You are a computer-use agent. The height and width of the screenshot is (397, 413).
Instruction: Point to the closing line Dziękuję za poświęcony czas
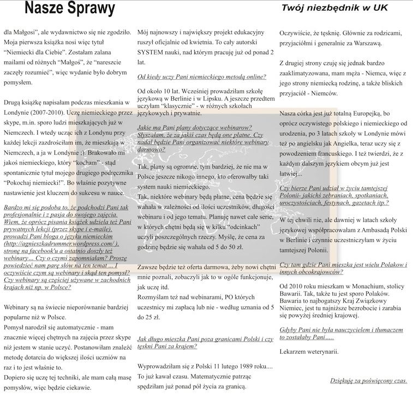click(369, 380)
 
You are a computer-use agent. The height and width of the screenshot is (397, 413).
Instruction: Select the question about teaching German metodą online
click(201, 77)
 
